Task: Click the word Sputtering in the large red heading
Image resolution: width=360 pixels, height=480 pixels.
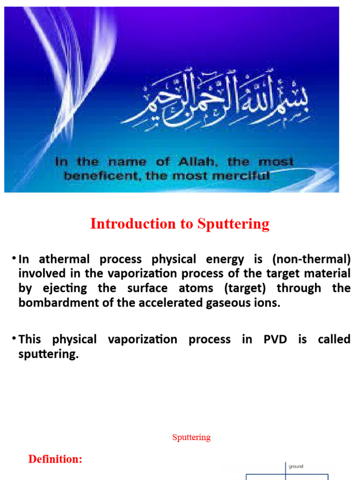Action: tap(233, 224)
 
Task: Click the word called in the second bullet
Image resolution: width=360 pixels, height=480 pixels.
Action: tap(334, 339)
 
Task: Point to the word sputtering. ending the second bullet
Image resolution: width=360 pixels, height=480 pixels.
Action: tap(48, 354)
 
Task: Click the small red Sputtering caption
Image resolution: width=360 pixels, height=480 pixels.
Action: tap(191, 437)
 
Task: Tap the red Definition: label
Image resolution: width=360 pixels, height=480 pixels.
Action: tap(55, 459)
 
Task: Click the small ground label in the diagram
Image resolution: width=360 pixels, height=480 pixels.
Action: tap(296, 466)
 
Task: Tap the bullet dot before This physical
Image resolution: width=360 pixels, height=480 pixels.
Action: tap(15, 338)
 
